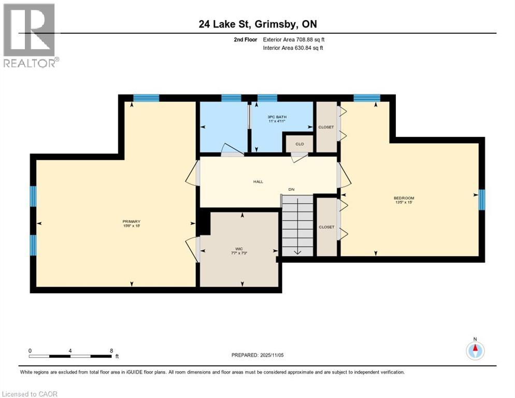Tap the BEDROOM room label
tap(404, 198)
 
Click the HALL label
tap(258, 181)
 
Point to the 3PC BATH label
tap(277, 117)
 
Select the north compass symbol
tap(475, 350)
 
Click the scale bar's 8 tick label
tap(111, 350)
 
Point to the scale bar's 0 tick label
tap(30, 350)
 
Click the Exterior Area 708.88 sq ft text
tap(294, 39)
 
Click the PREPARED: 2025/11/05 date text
tap(257, 355)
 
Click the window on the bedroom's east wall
tap(481, 200)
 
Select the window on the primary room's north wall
tap(146, 97)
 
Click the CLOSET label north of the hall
tap(326, 127)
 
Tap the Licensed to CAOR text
tap(30, 394)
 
